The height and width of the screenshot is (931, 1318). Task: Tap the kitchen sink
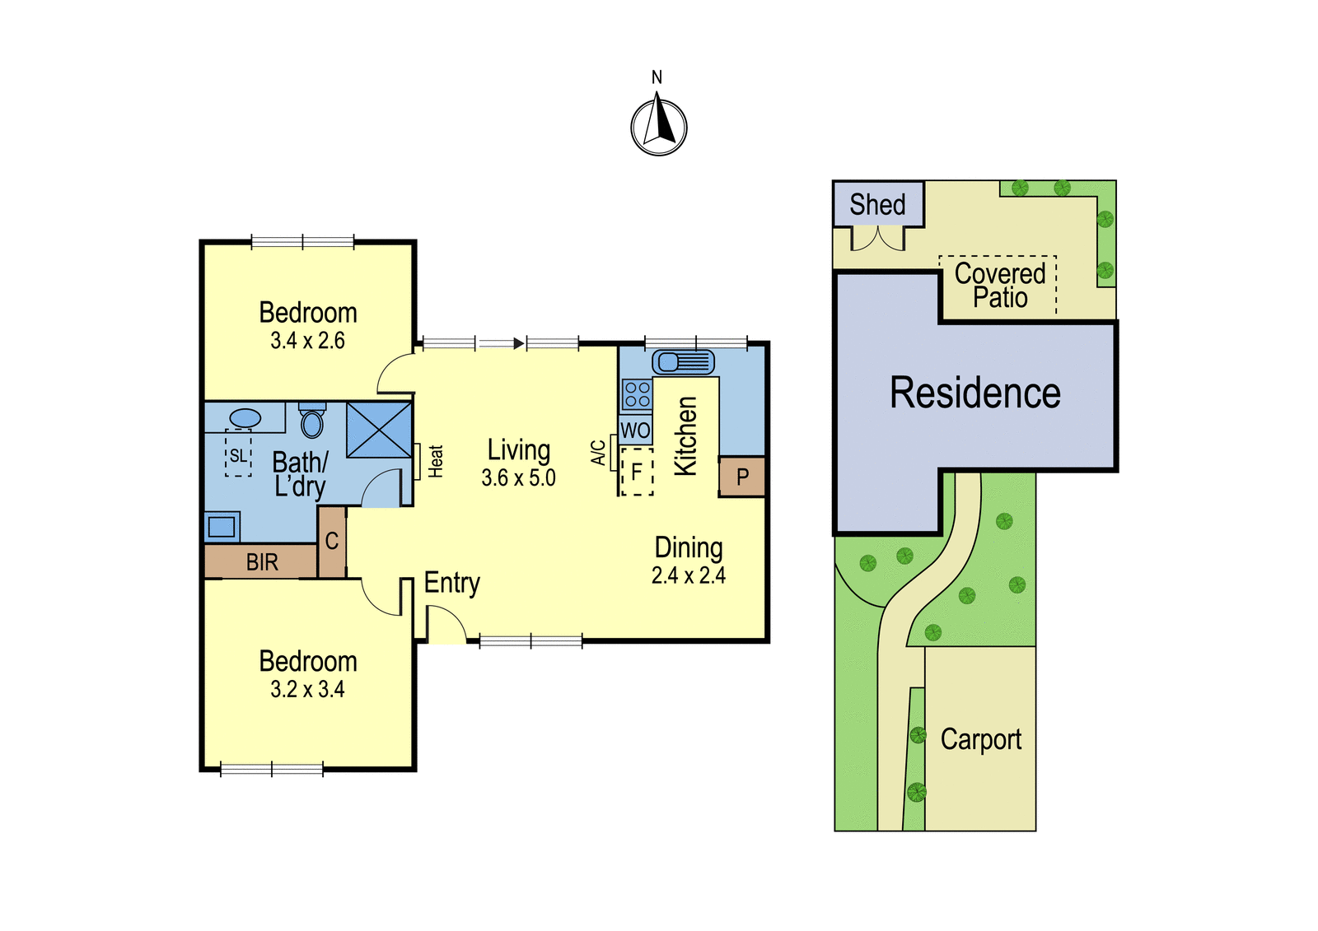pos(683,361)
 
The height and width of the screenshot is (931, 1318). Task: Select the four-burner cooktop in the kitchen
pos(638,394)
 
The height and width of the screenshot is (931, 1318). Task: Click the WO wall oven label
pos(635,431)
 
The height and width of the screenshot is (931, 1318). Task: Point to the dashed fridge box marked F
pos(637,471)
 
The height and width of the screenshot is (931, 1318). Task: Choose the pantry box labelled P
pos(742,477)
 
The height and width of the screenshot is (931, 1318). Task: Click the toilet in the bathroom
pos(312,420)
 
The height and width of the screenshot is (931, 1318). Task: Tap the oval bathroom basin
pos(245,418)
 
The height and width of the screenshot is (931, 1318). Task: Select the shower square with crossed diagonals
pos(379,430)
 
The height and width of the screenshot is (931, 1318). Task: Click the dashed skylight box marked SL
pos(238,452)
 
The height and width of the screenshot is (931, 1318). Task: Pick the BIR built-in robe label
pos(262,562)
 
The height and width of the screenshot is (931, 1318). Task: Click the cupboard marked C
pos(332,541)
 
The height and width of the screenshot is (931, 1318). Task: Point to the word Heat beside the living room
pos(436,461)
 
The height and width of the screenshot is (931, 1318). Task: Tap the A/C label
pos(598,453)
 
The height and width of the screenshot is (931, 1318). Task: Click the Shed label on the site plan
pos(877,205)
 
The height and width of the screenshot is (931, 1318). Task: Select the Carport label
pos(981,740)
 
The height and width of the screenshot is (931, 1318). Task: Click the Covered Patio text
pos(1000,286)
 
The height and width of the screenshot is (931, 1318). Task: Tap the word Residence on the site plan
pos(975,393)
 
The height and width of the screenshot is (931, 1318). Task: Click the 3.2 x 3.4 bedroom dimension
pos(307,689)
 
